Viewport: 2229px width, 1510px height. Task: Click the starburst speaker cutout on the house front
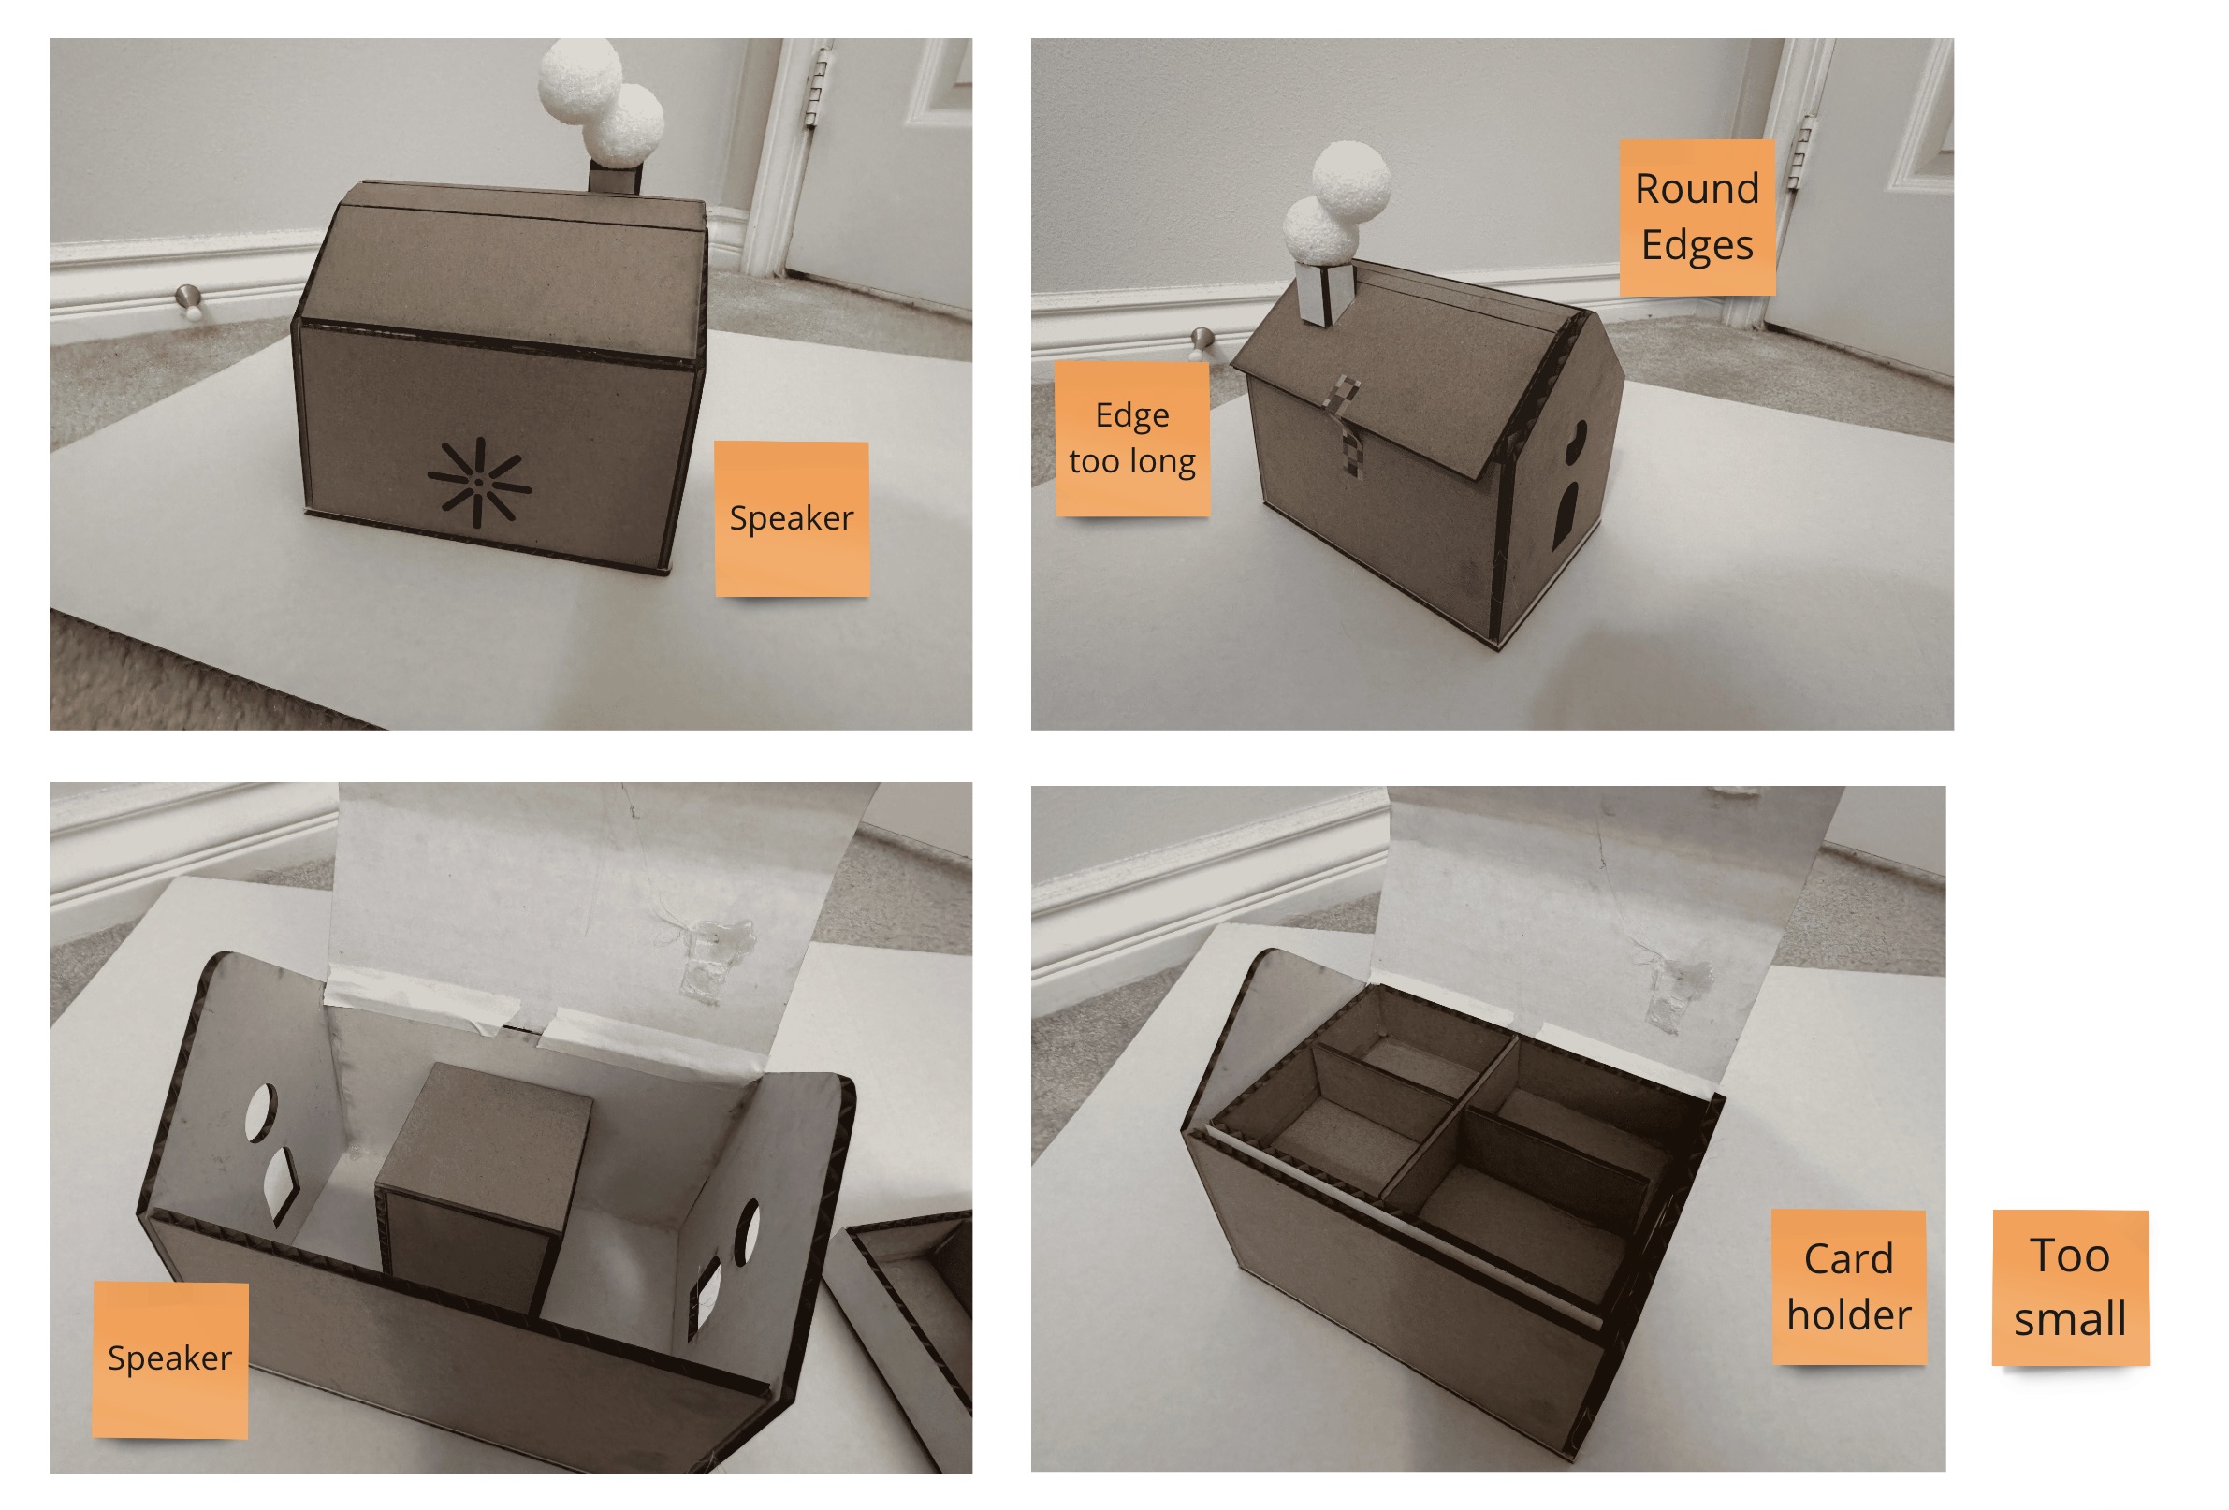[478, 482]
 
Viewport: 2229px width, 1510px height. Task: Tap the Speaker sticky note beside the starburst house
[792, 518]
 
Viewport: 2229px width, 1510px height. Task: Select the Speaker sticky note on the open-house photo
[169, 1358]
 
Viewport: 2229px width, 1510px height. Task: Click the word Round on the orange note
[1697, 189]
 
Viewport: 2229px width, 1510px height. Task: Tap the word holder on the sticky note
[1848, 1314]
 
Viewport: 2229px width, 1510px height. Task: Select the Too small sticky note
[2070, 1287]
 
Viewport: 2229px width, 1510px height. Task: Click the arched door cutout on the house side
[1566, 515]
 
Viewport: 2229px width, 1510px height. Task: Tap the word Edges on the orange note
[1697, 245]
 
